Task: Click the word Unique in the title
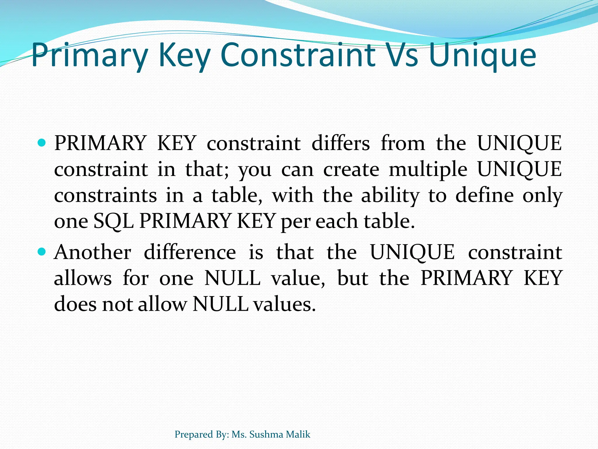482,56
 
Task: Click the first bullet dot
42,143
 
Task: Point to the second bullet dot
42,251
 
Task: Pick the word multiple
428,170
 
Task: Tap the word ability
390,195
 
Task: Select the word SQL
114,221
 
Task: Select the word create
351,170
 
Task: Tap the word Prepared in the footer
193,435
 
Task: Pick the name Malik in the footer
298,434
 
